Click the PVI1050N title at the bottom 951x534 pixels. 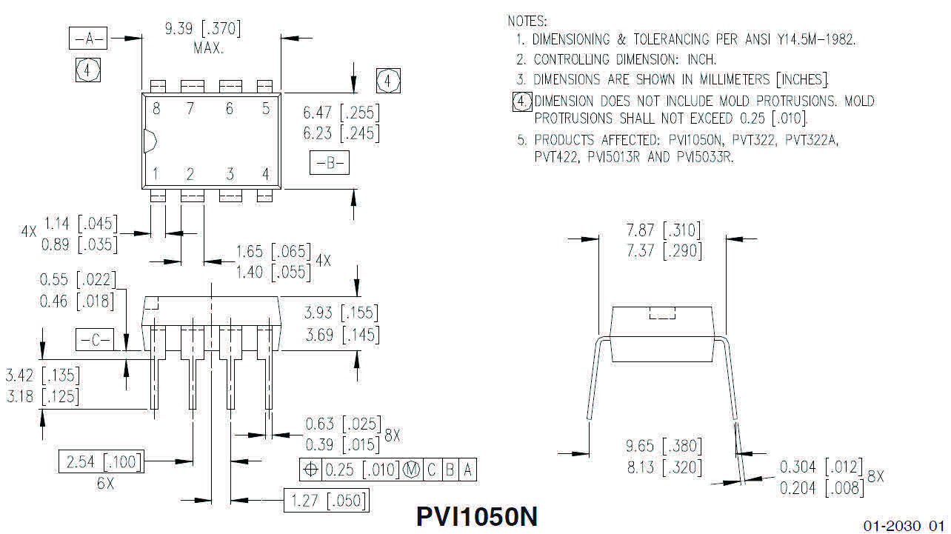click(477, 516)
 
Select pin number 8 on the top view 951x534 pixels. click(156, 109)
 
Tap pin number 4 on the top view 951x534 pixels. click(265, 174)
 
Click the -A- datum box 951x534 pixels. click(88, 39)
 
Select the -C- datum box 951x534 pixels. click(94, 340)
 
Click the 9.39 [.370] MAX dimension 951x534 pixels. click(201, 30)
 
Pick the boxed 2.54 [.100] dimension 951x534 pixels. click(101, 462)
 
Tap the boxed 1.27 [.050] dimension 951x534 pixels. click(325, 501)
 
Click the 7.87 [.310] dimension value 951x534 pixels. click(662, 230)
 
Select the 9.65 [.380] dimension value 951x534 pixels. click(663, 446)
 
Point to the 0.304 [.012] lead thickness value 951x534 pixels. click(821, 467)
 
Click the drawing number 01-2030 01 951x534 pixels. click(904, 525)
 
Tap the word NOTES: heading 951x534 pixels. click(527, 21)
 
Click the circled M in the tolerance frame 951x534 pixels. click(412, 470)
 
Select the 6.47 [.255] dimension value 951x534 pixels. click(341, 113)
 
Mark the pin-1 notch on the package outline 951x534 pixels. click(148, 141)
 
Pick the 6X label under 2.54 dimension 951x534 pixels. click(105, 483)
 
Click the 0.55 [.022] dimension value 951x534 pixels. click(78, 280)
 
